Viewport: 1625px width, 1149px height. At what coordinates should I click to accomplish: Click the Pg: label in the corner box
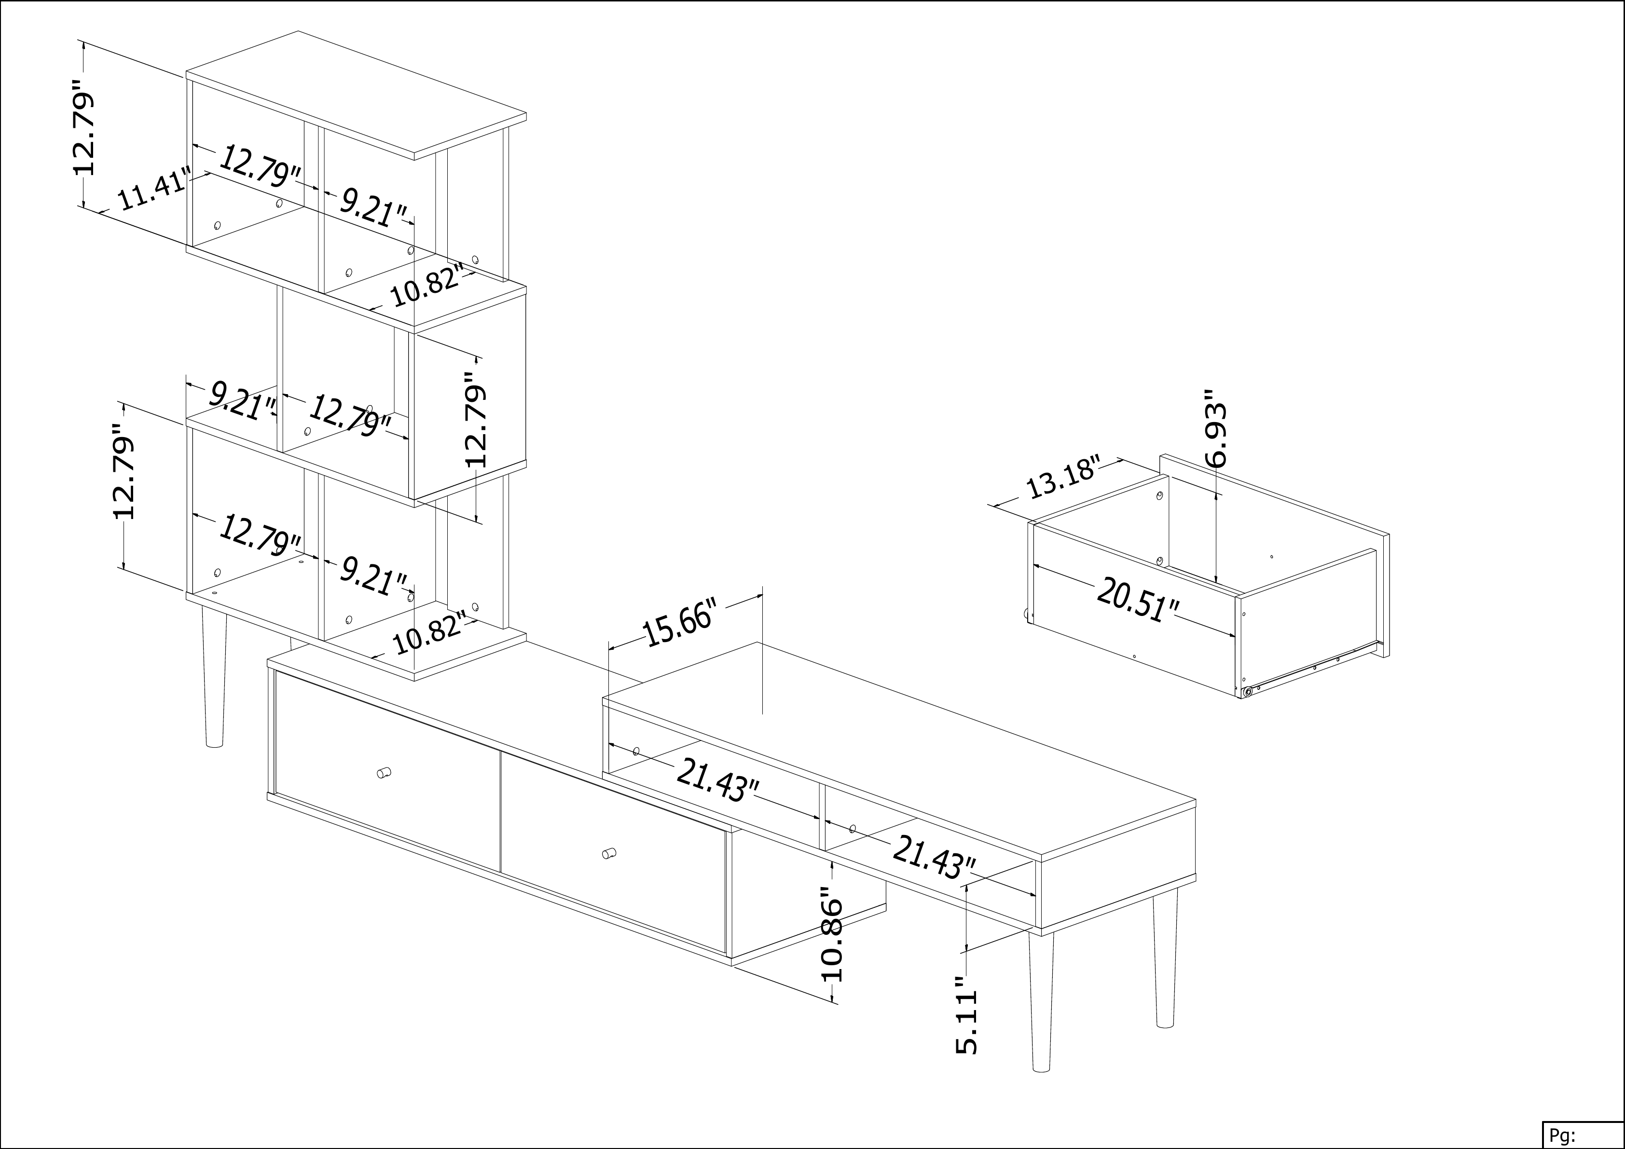pos(1562,1135)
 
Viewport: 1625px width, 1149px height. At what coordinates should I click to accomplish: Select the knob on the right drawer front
pos(608,852)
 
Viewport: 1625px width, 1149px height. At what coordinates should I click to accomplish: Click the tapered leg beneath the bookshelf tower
pos(213,676)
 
